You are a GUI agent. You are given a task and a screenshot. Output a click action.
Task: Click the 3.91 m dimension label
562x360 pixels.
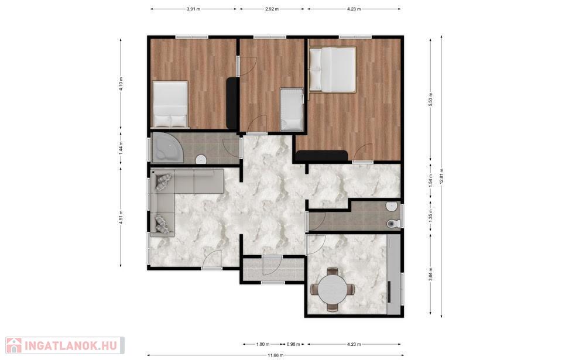pyautogui.click(x=194, y=9)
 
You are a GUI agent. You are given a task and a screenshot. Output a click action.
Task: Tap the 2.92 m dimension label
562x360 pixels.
pyautogui.click(x=272, y=9)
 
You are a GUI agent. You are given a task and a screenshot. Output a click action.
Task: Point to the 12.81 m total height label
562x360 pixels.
pyautogui.click(x=441, y=176)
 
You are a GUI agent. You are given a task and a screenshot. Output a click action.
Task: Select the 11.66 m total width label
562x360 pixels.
pyautogui.click(x=275, y=355)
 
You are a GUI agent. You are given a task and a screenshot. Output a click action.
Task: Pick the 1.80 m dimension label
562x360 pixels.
pyautogui.click(x=263, y=344)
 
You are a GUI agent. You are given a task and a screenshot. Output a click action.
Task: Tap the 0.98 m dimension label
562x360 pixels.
pyautogui.click(x=293, y=344)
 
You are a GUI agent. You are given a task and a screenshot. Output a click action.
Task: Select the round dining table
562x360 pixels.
pyautogui.click(x=333, y=289)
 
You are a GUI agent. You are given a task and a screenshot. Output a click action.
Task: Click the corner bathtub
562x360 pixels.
pyautogui.click(x=166, y=148)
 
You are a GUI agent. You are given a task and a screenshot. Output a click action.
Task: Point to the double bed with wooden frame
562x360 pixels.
pyautogui.click(x=333, y=70)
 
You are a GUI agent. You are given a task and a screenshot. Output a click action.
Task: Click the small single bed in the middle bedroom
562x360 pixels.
pyautogui.click(x=292, y=109)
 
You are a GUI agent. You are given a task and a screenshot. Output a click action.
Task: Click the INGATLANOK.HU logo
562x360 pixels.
pyautogui.click(x=64, y=345)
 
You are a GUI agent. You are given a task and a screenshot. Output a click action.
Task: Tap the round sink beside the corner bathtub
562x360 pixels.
pyautogui.click(x=201, y=159)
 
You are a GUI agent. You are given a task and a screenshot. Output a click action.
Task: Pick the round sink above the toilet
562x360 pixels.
pyautogui.click(x=392, y=207)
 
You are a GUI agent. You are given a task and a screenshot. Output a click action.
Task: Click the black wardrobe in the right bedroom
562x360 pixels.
pyautogui.click(x=322, y=156)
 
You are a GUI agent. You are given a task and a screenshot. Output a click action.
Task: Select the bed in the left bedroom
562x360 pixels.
pyautogui.click(x=170, y=104)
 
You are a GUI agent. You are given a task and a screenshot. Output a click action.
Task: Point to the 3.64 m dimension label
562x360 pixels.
pyautogui.click(x=430, y=274)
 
